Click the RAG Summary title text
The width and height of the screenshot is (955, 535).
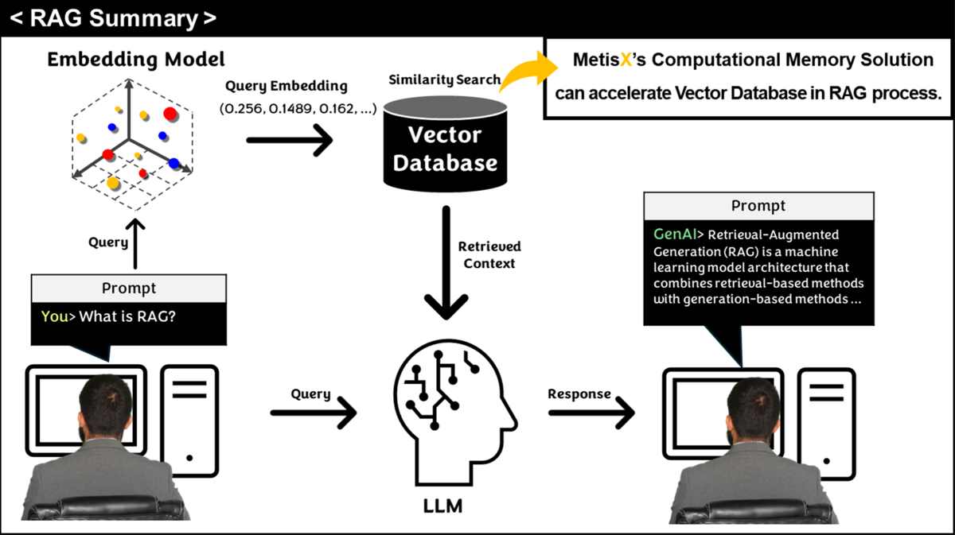click(111, 18)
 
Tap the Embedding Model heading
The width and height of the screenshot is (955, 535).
click(136, 59)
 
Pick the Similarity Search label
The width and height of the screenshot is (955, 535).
click(444, 79)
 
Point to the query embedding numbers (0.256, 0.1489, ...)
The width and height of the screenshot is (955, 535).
click(298, 109)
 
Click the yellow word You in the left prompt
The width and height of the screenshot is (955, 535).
click(55, 316)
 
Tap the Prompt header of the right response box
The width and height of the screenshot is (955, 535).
click(758, 206)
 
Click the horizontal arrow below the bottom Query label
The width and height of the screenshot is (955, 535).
click(314, 413)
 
